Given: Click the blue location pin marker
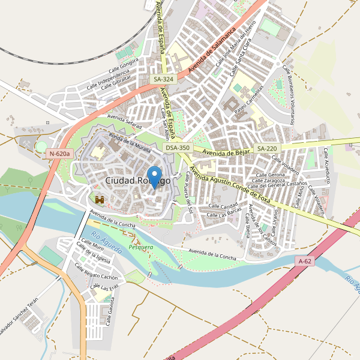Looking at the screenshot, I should click(x=155, y=176).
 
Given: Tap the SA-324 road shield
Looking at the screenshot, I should click(x=163, y=79).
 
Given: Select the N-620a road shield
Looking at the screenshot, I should click(x=59, y=154).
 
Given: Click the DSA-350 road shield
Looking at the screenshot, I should click(x=178, y=148).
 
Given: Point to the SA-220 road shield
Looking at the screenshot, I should click(x=267, y=148).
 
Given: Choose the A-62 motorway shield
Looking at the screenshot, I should click(x=305, y=261).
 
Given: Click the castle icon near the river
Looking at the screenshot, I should click(x=100, y=199).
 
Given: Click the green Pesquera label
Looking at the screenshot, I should click(x=141, y=247).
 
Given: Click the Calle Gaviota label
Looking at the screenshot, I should click(x=110, y=312).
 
